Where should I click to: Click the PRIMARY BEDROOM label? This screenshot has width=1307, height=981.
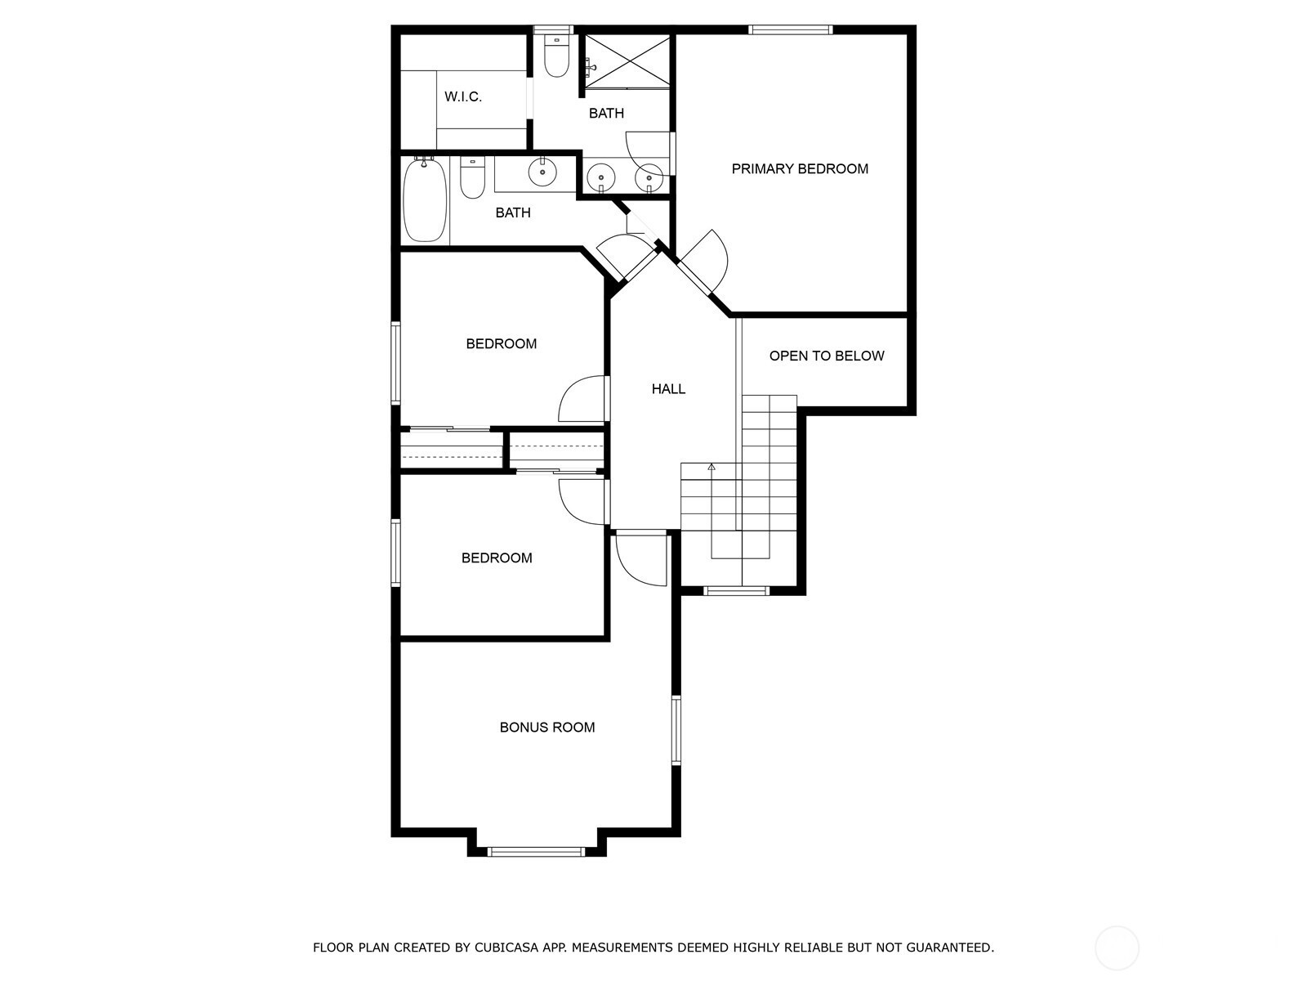(800, 169)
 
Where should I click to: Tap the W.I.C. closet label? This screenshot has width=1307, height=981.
(462, 96)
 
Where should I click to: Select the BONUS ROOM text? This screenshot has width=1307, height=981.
(547, 728)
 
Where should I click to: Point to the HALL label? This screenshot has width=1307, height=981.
(668, 389)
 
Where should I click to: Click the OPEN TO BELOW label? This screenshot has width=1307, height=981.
(827, 356)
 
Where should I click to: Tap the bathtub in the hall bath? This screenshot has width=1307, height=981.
(425, 199)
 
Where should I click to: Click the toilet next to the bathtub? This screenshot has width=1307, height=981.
(472, 177)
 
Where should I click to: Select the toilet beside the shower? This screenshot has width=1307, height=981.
(557, 56)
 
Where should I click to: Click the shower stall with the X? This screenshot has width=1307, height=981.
(627, 61)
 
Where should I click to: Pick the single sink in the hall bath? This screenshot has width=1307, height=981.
(542, 172)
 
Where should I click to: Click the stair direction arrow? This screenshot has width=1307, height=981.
(711, 468)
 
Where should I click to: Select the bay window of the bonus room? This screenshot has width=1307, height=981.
(537, 852)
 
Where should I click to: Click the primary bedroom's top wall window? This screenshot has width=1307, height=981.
(790, 29)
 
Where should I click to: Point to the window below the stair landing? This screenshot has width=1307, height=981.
(737, 591)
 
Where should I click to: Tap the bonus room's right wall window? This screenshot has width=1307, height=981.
(676, 730)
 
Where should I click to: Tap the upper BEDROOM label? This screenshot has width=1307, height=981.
(502, 343)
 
